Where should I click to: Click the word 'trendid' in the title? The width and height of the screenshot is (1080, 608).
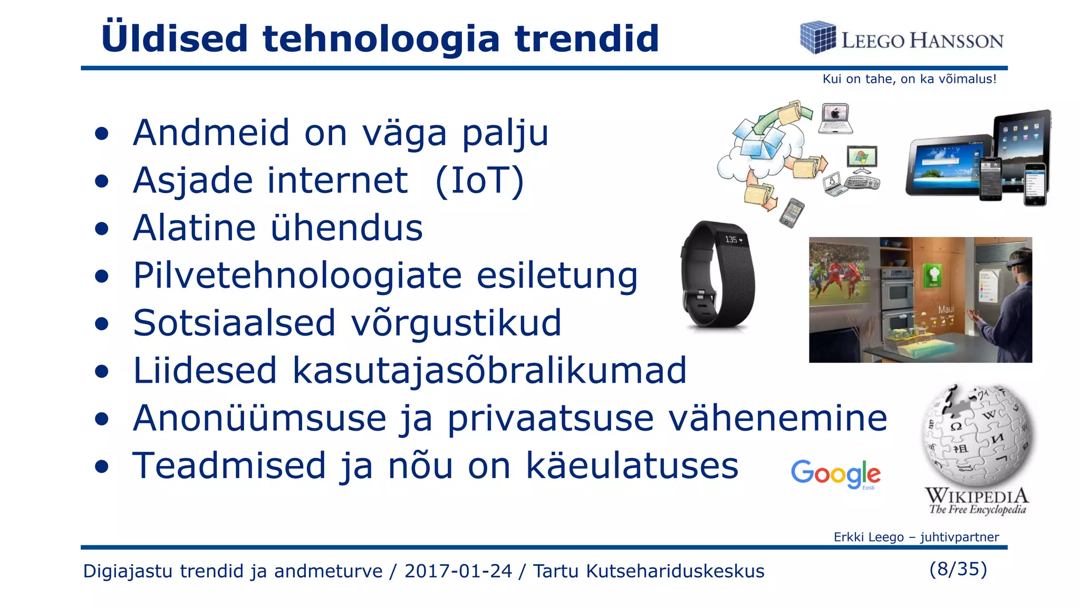click(x=586, y=39)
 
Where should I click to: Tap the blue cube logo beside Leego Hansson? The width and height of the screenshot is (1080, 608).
click(x=817, y=37)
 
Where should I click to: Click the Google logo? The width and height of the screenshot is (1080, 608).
click(x=835, y=473)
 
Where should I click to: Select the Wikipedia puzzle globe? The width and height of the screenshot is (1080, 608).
click(x=977, y=435)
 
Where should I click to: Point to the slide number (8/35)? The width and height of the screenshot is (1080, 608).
click(x=958, y=569)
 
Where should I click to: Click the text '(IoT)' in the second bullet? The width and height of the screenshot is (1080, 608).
click(x=479, y=181)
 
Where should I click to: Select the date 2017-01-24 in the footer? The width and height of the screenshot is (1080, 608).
click(x=458, y=571)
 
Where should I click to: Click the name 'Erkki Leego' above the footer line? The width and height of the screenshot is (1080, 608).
click(x=868, y=537)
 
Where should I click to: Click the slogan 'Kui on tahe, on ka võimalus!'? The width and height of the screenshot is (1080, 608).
click(x=909, y=79)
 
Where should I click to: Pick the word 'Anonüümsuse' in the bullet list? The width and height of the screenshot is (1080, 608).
click(x=259, y=419)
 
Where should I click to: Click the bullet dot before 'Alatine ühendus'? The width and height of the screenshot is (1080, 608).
click(x=102, y=229)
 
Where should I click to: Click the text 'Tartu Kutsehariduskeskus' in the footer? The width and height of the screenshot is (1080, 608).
click(x=648, y=571)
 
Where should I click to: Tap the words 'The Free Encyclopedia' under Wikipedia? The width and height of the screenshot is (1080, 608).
click(x=977, y=510)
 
